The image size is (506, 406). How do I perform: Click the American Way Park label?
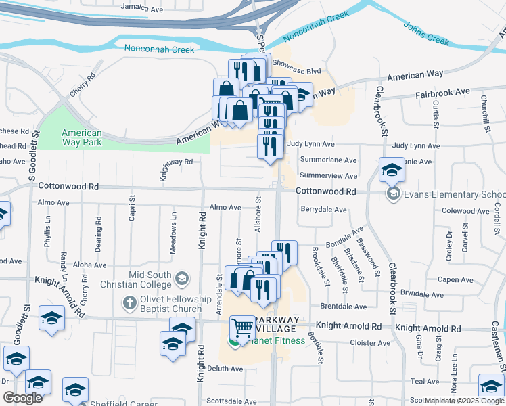click(81, 138)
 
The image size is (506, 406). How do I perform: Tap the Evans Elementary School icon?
click(392, 194)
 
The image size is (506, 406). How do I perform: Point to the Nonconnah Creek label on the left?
click(160, 49)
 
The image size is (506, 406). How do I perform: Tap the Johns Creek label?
click(427, 33)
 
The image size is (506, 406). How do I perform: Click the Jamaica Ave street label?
click(142, 9)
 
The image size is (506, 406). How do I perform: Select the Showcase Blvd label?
click(296, 70)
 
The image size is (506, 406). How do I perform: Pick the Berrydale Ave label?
click(324, 210)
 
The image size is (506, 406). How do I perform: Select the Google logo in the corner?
click(22, 398)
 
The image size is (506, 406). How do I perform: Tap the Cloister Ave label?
click(370, 343)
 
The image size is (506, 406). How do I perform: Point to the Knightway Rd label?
click(177, 162)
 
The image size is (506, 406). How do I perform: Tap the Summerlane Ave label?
click(332, 160)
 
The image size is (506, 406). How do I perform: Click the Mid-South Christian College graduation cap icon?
click(181, 278)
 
